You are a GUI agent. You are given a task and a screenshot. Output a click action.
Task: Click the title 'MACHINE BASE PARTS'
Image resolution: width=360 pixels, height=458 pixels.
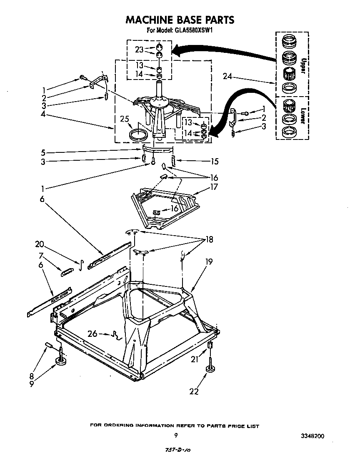tap(180, 20)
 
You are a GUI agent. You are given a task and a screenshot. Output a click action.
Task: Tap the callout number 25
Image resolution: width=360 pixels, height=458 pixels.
tap(124, 119)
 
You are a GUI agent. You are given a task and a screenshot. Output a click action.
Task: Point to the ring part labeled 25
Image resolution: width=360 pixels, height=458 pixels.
tap(138, 134)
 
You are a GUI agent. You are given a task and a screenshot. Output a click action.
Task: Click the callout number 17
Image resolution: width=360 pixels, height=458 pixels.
tap(214, 187)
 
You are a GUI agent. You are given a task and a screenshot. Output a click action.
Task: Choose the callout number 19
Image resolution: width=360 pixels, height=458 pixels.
tap(208, 262)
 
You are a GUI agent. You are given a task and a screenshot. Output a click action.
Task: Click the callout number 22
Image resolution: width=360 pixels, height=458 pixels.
tap(194, 391)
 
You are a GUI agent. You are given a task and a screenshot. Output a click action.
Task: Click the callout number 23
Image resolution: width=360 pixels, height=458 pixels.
tap(139, 50)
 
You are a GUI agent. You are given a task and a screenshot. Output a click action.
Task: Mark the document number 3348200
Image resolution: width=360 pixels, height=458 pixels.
tap(312, 436)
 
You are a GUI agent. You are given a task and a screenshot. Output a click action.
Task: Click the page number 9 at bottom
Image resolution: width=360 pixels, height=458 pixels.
tap(176, 436)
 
